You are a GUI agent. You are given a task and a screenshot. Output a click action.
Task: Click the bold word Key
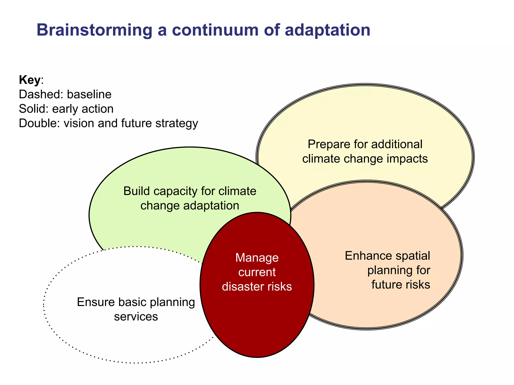(x=30, y=80)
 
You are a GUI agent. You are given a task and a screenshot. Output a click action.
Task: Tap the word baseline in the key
(x=89, y=94)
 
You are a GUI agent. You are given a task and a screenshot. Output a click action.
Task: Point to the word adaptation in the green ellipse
(x=211, y=206)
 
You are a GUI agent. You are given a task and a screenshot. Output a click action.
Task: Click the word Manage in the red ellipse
(x=257, y=258)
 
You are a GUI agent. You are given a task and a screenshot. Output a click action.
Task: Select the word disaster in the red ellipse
(x=244, y=286)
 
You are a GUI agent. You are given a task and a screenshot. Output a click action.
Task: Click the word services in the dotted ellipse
(x=136, y=317)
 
